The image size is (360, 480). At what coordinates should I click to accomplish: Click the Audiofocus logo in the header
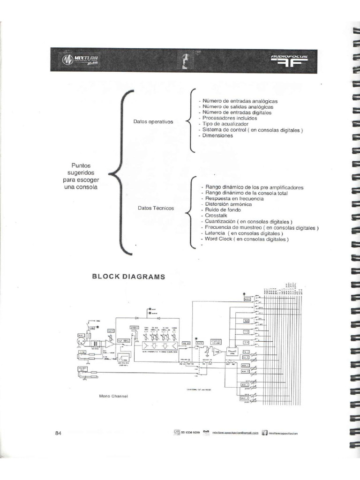pyautogui.click(x=289, y=60)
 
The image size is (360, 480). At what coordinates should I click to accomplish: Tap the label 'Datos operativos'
pyautogui.click(x=153, y=122)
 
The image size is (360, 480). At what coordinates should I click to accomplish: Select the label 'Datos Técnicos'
pyautogui.click(x=156, y=208)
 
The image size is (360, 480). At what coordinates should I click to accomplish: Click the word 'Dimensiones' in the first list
pyautogui.click(x=217, y=136)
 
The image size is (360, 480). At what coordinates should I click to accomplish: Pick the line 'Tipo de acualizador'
pyautogui.click(x=225, y=124)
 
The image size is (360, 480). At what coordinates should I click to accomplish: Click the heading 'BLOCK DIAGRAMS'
pyautogui.click(x=128, y=277)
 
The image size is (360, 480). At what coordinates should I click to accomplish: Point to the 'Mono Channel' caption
pyautogui.click(x=113, y=396)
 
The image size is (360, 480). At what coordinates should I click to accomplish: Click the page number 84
pyautogui.click(x=59, y=433)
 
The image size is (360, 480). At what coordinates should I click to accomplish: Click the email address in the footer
pyautogui.click(x=235, y=433)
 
